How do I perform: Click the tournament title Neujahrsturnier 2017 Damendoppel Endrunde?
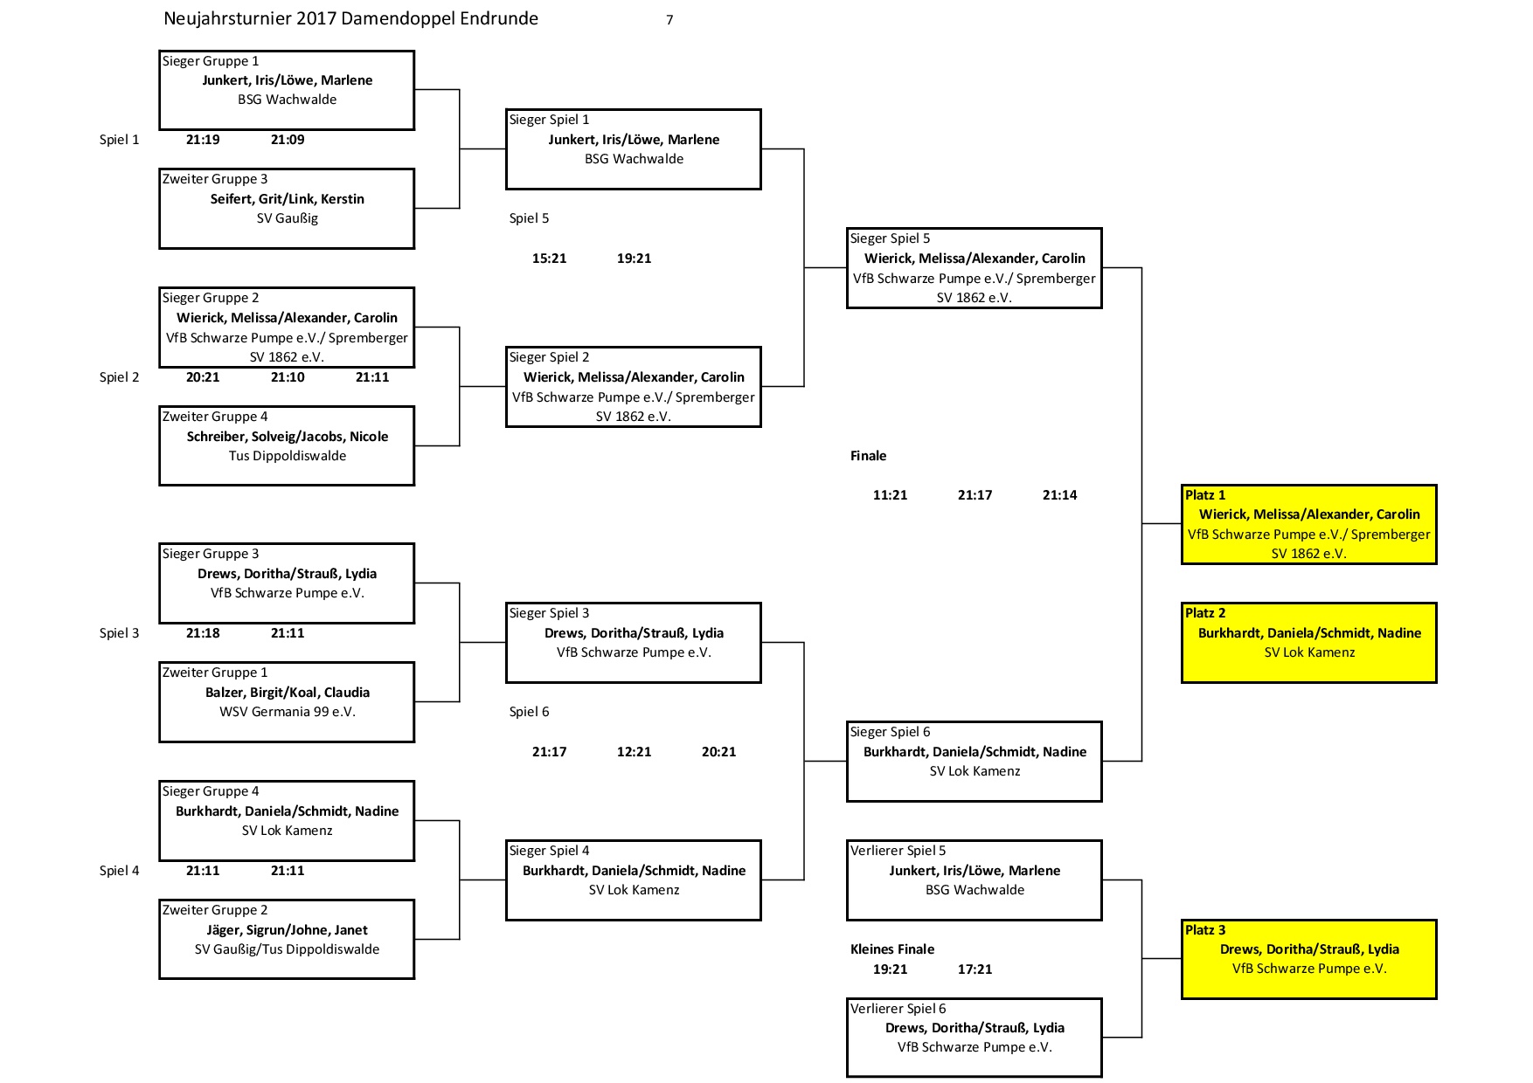(350, 19)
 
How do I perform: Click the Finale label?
(868, 456)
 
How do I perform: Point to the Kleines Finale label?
(892, 949)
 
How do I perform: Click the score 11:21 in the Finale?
(890, 495)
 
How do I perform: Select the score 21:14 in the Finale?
(1059, 495)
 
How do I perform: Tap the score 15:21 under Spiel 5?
(549, 259)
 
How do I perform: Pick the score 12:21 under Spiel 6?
(634, 752)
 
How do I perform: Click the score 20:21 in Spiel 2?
(203, 377)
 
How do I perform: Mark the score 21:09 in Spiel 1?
(288, 140)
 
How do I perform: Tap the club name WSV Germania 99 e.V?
(288, 712)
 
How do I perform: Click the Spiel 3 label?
(119, 633)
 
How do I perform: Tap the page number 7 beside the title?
(669, 20)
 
